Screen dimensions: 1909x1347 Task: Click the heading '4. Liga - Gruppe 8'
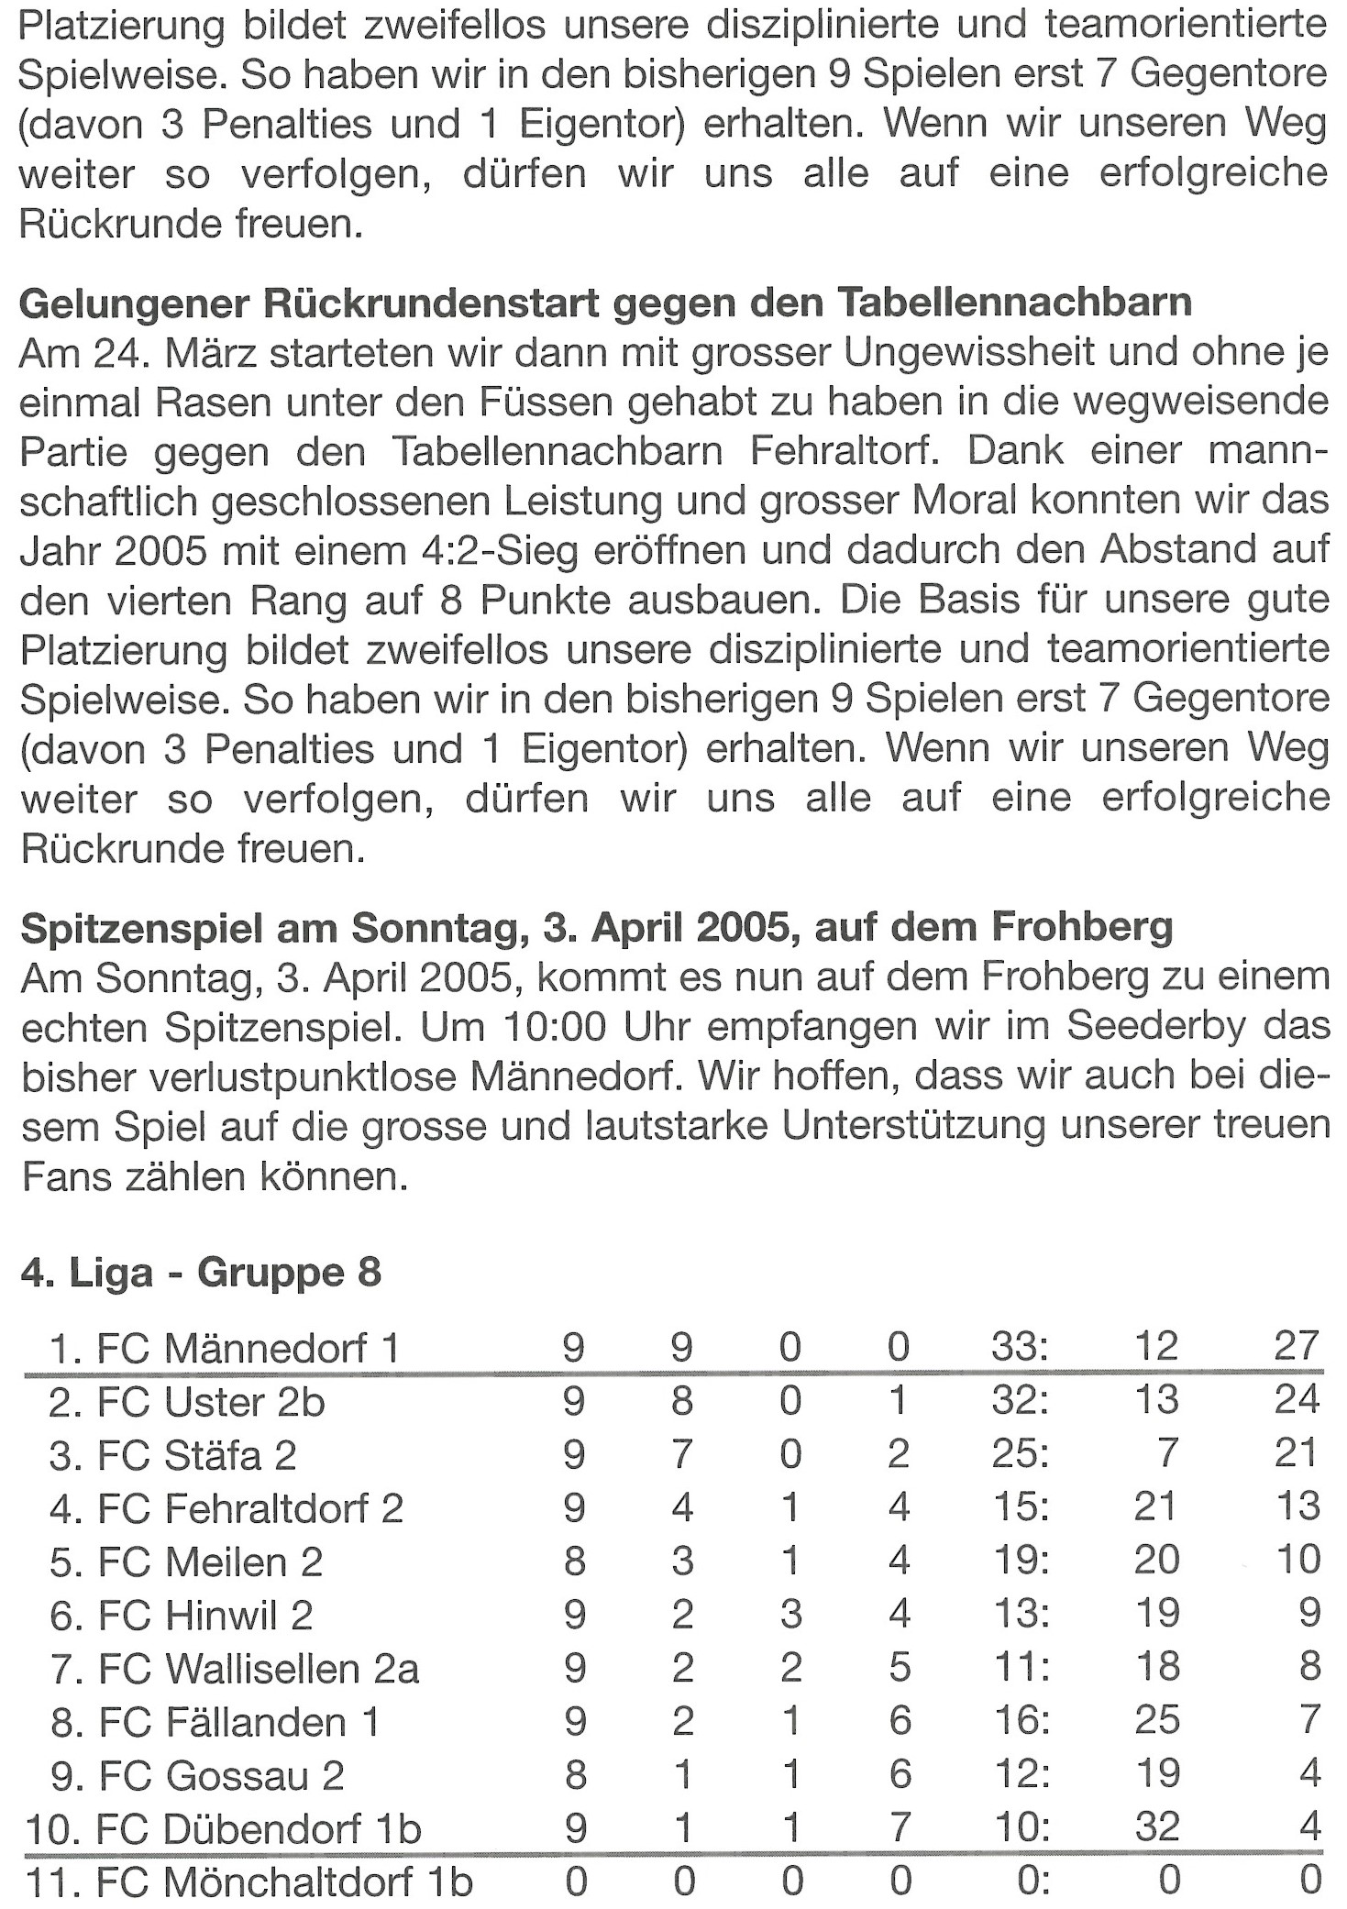pos(200,1274)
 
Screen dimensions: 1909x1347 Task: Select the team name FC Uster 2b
pos(211,1402)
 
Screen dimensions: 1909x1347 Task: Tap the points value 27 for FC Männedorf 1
pos(1296,1346)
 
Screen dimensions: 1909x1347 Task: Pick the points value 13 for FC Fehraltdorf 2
pos(1297,1506)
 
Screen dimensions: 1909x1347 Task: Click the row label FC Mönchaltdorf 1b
pos(283,1881)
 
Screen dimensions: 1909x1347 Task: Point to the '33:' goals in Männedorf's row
pos(1020,1346)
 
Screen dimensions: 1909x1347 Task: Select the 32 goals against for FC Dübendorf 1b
pos(1155,1827)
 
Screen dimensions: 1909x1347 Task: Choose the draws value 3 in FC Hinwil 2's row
pos(790,1614)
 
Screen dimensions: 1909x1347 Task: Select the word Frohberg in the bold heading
pos(1082,929)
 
